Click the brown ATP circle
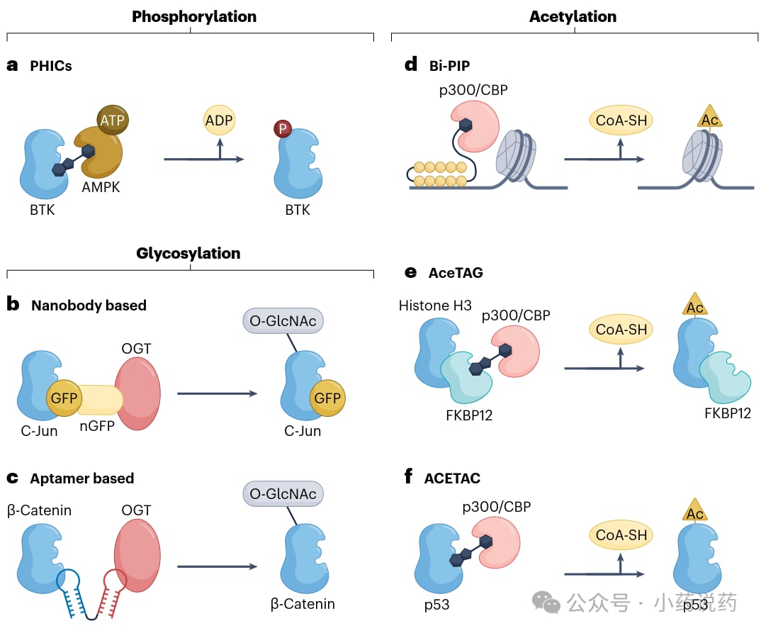113,120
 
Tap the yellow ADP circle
219,120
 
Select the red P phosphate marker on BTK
283,128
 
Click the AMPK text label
101,187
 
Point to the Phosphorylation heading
194,16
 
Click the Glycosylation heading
188,253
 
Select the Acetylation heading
573,16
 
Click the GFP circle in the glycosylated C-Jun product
327,398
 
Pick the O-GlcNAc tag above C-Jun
283,321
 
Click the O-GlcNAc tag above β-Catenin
283,493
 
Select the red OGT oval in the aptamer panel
137,555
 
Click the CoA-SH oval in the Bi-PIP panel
621,120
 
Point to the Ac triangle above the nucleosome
709,116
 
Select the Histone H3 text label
435,306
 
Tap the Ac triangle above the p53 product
695,510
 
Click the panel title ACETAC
452,478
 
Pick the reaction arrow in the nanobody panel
217,393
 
